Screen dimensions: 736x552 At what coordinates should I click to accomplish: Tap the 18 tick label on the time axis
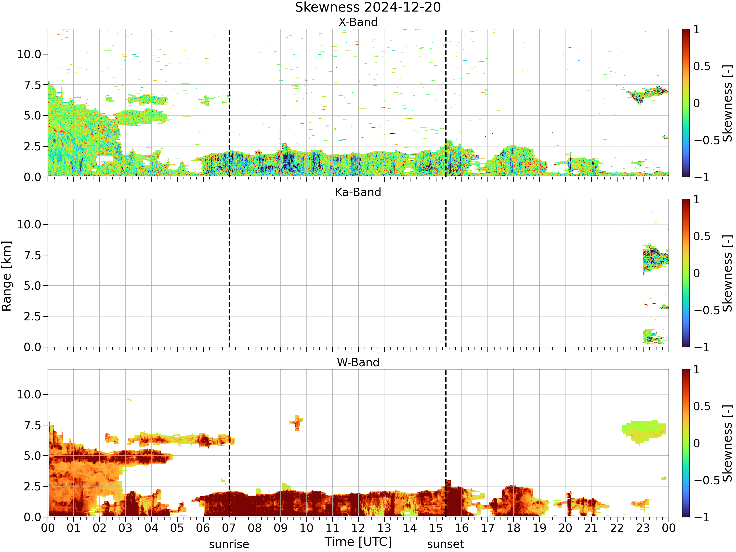(513, 528)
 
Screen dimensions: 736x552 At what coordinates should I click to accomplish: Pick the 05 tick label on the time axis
(177, 528)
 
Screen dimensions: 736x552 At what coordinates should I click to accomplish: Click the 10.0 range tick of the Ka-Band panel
(29, 224)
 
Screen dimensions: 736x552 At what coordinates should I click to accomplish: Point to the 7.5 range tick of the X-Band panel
(33, 85)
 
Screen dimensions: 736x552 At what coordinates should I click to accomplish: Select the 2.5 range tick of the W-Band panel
(33, 486)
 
